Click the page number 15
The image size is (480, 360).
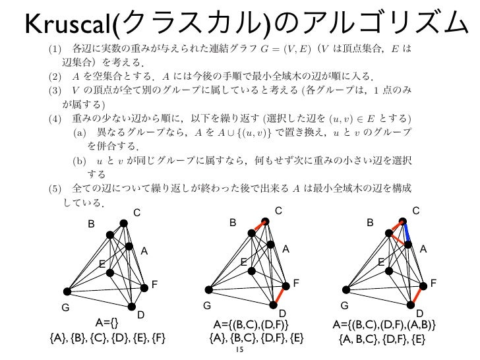point(239,351)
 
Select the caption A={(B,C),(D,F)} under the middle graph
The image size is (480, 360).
point(251,324)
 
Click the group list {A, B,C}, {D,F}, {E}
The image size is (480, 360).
point(380,340)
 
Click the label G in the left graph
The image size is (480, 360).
point(65,307)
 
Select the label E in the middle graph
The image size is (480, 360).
point(243,262)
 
